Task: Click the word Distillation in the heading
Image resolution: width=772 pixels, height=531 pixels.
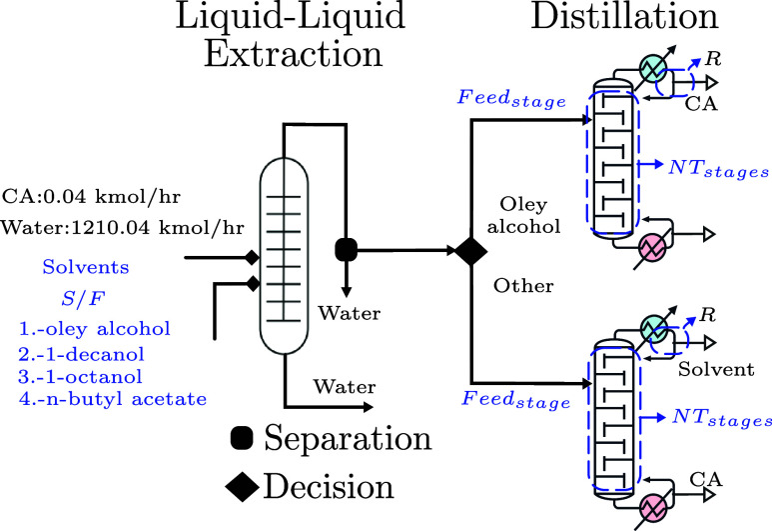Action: (624, 16)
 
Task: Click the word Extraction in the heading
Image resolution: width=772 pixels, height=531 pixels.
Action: (294, 53)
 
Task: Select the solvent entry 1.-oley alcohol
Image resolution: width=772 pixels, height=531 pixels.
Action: (95, 328)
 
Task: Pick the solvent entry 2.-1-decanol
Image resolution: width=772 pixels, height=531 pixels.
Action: (81, 354)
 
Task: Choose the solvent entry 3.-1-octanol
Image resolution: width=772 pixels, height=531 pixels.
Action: (80, 377)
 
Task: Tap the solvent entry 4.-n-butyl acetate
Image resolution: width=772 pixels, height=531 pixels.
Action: (113, 398)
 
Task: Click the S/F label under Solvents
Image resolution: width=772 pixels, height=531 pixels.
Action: (83, 298)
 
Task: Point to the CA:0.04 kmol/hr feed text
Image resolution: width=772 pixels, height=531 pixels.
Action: (91, 197)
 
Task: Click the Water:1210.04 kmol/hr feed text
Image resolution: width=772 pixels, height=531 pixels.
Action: (122, 228)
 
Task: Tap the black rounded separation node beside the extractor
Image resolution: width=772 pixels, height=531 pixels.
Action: (347, 249)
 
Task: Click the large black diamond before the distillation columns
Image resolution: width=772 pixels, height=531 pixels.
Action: (470, 251)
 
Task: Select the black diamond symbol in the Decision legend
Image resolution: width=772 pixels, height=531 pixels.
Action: (243, 487)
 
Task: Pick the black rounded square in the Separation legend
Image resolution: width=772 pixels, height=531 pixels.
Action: (242, 438)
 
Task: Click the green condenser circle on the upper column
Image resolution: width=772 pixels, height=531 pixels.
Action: (653, 69)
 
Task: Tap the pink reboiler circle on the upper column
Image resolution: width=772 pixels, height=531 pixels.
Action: (652, 246)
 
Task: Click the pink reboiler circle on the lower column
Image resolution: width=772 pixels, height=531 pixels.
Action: (653, 507)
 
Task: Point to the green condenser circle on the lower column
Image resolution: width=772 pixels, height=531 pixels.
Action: (655, 329)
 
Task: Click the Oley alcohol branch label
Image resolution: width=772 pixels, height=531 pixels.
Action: (523, 215)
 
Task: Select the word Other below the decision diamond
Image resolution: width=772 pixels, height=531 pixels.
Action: (523, 285)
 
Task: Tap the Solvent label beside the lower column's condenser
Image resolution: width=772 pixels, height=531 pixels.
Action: (716, 369)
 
